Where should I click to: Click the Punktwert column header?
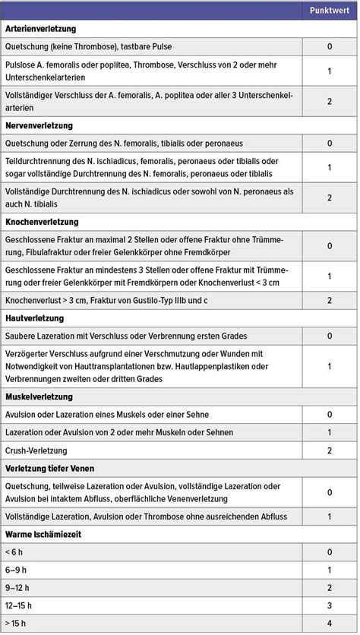pos(329,11)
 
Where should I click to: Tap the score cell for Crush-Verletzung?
pos(329,450)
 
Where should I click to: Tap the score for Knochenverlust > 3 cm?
pos(329,300)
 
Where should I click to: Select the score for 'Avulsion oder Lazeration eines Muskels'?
pos(329,415)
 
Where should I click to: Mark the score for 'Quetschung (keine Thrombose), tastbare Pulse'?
pos(329,46)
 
